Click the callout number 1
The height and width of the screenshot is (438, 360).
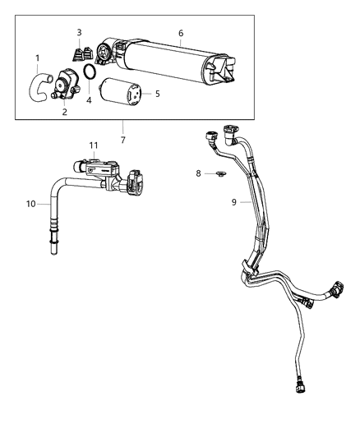pyautogui.click(x=38, y=58)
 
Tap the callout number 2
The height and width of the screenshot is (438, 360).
pyautogui.click(x=64, y=112)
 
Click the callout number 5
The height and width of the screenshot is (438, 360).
pyautogui.click(x=157, y=94)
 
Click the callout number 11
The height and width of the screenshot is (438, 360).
pyautogui.click(x=93, y=144)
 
